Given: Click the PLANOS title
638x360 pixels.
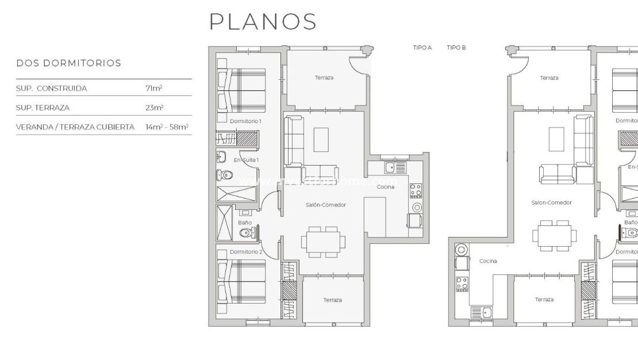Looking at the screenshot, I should [263, 22].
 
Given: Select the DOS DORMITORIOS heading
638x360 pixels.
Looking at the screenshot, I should [68, 63].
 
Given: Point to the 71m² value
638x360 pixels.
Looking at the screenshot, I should [153, 89].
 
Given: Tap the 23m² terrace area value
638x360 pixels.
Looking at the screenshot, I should [154, 108].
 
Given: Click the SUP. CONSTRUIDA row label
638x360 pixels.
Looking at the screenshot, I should [52, 89].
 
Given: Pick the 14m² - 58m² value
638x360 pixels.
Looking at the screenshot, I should [167, 127].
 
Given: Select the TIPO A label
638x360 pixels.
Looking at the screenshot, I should [422, 48].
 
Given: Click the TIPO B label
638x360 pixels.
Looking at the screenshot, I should [456, 48].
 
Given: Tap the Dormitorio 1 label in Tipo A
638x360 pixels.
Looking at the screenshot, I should [245, 121].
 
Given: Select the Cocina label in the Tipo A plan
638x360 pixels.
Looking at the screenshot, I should [385, 187].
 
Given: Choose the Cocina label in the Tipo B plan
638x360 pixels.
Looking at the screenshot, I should [487, 261].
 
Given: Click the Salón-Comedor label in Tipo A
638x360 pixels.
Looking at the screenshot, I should [325, 205].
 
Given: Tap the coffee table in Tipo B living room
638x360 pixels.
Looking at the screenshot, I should [556, 139].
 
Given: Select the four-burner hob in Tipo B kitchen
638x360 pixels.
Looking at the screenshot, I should [461, 284].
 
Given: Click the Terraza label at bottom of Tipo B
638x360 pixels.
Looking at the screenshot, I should [544, 300].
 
